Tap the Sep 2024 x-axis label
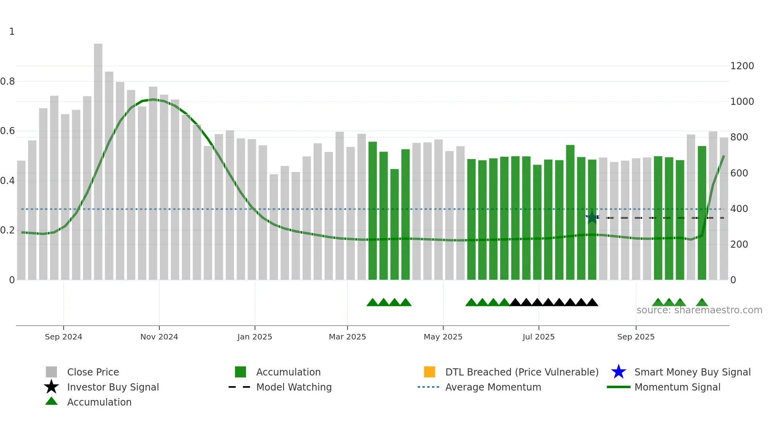pyautogui.click(x=63, y=337)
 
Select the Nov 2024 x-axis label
pyautogui.click(x=159, y=337)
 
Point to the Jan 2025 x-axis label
pyautogui.click(x=255, y=337)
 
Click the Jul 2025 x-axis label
pyautogui.click(x=538, y=337)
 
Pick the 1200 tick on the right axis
pyautogui.click(x=742, y=66)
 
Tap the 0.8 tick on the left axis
pyautogui.click(x=8, y=82)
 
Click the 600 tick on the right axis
pyautogui.click(x=739, y=173)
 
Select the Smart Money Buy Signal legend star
pyautogui.click(x=618, y=372)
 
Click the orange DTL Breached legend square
pyautogui.click(x=429, y=372)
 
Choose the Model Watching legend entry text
pyautogui.click(x=294, y=387)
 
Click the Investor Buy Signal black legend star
pyautogui.click(x=51, y=387)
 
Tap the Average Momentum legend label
pyautogui.click(x=493, y=387)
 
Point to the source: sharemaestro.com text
pyautogui.click(x=699, y=310)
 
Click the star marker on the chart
pyautogui.click(x=592, y=217)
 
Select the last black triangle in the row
pyautogui.click(x=592, y=303)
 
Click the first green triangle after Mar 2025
pyautogui.click(x=372, y=303)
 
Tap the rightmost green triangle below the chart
pyautogui.click(x=702, y=303)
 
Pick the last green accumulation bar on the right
pyautogui.click(x=702, y=214)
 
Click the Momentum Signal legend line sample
pyautogui.click(x=618, y=387)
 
